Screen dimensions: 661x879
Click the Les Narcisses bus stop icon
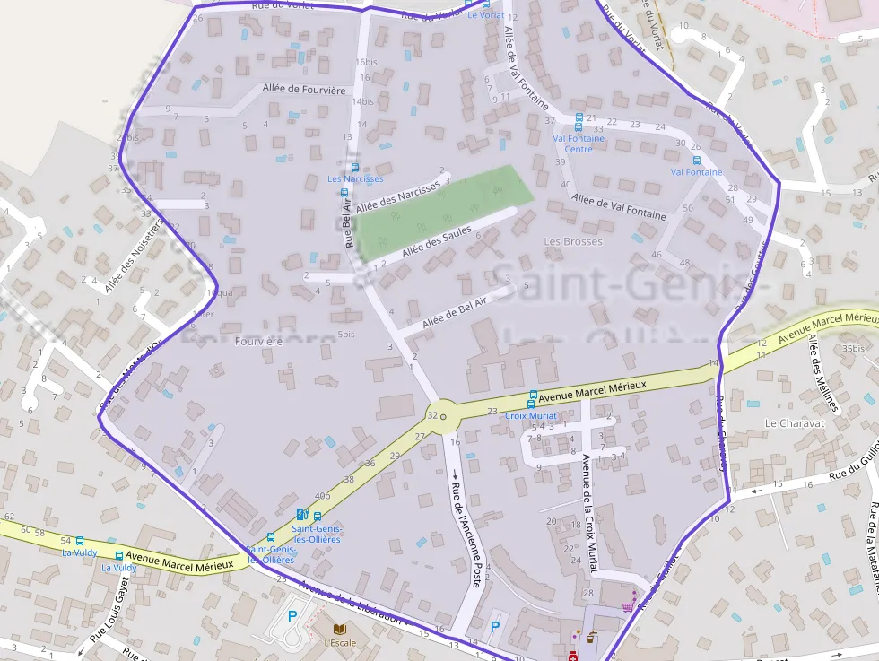tap(355, 167)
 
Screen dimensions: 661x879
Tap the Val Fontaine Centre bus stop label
tap(579, 144)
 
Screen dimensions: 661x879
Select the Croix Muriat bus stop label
tap(531, 416)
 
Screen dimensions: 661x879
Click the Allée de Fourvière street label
tap(304, 90)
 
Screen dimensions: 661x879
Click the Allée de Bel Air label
tap(454, 311)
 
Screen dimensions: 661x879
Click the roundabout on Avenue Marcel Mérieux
tap(442, 416)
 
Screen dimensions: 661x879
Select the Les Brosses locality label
tap(573, 241)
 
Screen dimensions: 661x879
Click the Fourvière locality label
tap(258, 342)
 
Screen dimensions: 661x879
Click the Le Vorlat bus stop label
tap(485, 15)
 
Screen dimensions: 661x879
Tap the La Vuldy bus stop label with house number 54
tap(79, 552)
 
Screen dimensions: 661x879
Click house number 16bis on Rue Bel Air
tap(366, 62)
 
